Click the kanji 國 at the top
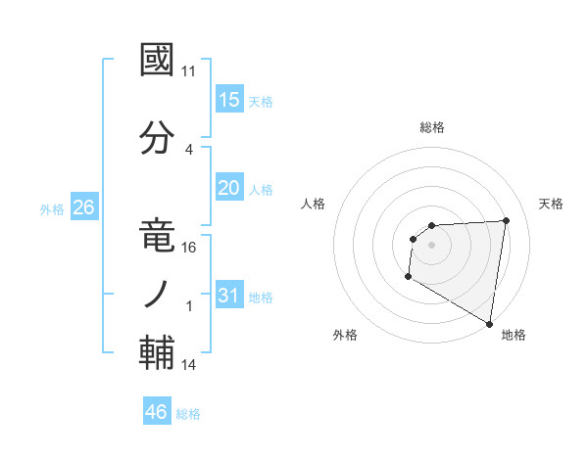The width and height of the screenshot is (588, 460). (158, 61)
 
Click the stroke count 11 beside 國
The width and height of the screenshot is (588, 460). (189, 72)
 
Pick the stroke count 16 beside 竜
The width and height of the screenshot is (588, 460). (189, 248)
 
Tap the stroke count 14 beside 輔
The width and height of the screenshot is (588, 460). (189, 365)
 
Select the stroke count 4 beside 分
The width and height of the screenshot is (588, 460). (189, 149)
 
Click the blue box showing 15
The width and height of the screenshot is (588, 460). (229, 100)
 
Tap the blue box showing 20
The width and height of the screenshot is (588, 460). (229, 188)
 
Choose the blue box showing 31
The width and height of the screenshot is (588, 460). (229, 296)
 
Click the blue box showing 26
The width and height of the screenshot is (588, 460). (84, 207)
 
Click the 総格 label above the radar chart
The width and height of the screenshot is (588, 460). (432, 127)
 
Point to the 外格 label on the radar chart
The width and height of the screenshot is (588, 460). (345, 336)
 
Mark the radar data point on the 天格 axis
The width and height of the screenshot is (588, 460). (507, 220)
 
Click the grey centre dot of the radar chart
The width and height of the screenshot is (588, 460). (431, 245)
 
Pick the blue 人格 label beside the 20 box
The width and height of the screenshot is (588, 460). (261, 189)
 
